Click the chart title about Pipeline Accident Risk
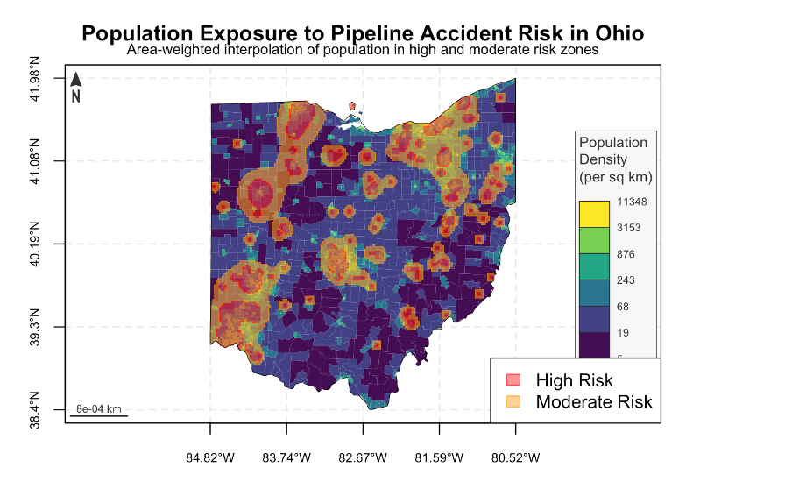click(363, 33)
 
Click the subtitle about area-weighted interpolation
click(363, 50)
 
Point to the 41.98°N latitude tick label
click(36, 78)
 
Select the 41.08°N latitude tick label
click(36, 160)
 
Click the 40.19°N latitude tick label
click(36, 243)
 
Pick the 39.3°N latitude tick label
click(36, 326)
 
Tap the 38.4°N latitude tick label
click(36, 409)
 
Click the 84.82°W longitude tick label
click(210, 457)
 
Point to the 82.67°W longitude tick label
click(363, 457)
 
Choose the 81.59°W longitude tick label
click(439, 457)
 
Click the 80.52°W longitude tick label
click(515, 457)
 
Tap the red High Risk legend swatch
click(513, 380)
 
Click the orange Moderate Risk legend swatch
click(513, 402)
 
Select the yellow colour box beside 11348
click(592, 213)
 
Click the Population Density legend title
click(615, 159)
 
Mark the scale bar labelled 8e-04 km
click(99, 414)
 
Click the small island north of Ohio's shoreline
click(352, 106)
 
